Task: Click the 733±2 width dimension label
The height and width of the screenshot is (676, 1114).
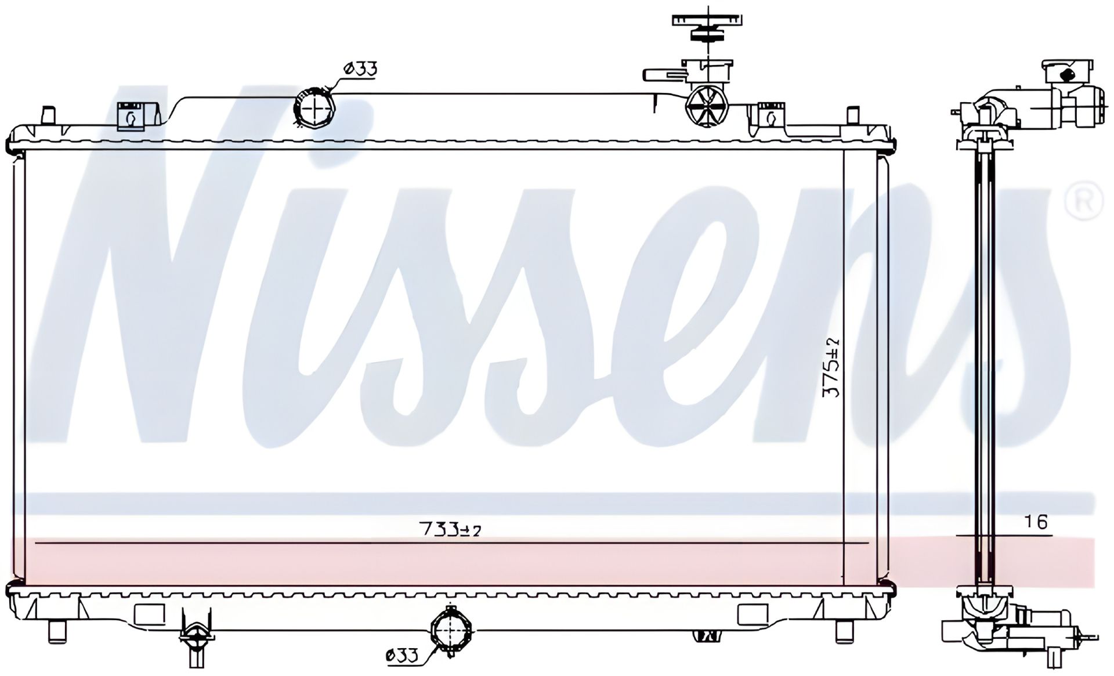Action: tap(450, 529)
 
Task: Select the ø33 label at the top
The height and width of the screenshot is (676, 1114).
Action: tap(360, 69)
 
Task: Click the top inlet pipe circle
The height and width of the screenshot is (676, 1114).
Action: tap(314, 106)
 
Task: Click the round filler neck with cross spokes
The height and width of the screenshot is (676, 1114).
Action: tap(706, 106)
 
